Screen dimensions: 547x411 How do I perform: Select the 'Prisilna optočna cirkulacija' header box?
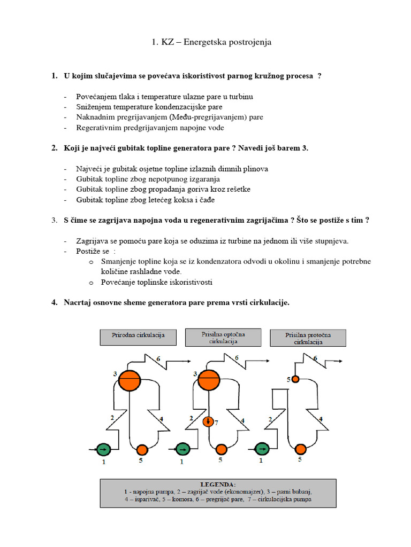[x=223, y=337]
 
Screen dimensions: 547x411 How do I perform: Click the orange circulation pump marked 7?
[x=209, y=422]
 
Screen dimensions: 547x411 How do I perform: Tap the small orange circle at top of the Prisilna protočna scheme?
[x=295, y=379]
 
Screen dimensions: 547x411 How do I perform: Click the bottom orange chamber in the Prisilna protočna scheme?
[x=301, y=449]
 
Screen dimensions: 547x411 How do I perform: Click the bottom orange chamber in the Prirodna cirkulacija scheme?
[x=142, y=449]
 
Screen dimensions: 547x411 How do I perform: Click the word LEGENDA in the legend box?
[x=218, y=484]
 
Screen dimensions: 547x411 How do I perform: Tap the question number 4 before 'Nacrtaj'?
[x=54, y=303]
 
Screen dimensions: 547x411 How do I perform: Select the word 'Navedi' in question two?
[x=250, y=148]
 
